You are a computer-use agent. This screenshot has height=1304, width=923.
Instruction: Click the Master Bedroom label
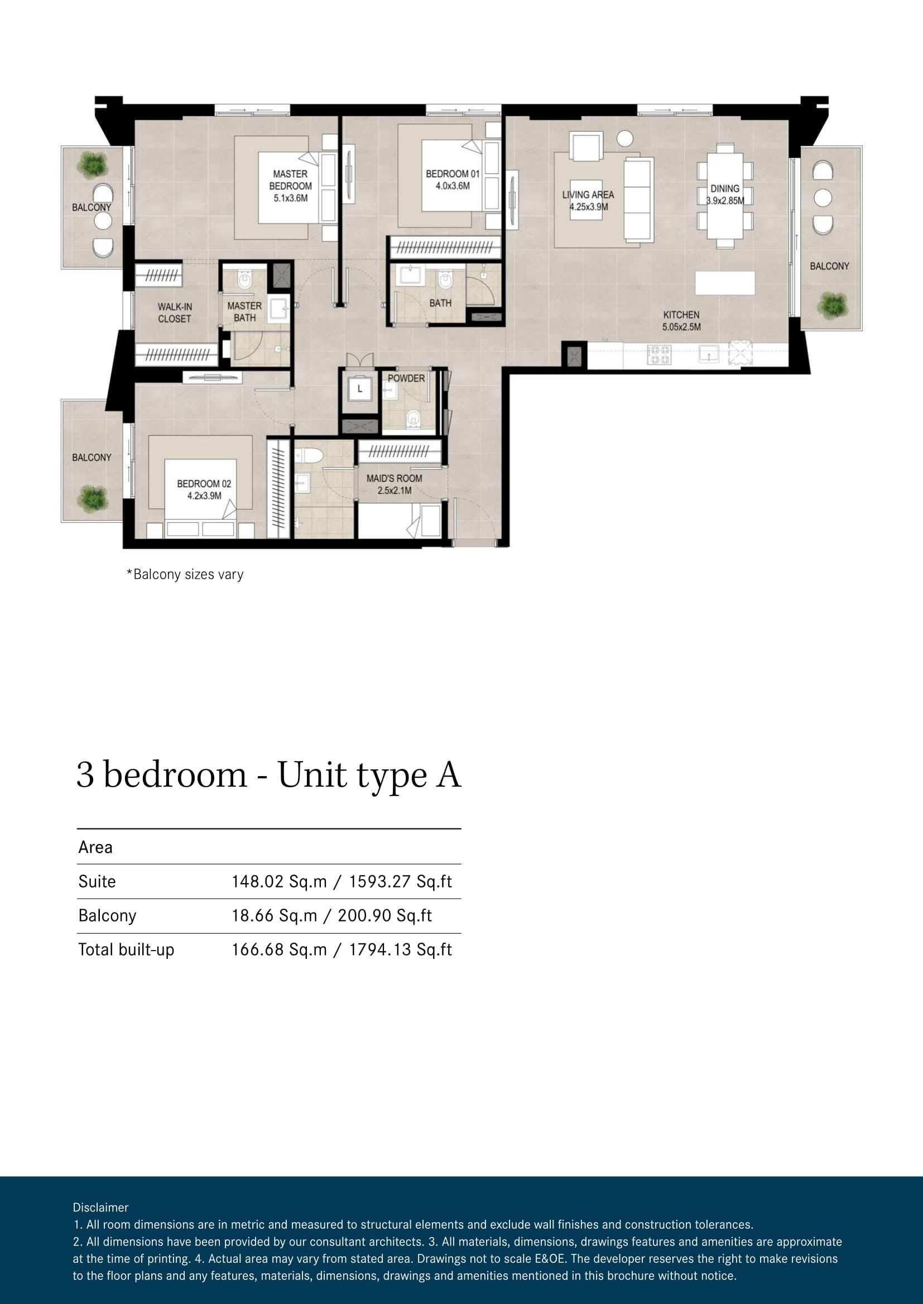290,186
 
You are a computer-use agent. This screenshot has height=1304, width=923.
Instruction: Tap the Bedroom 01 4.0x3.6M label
453,180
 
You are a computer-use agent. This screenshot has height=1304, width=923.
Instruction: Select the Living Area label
588,201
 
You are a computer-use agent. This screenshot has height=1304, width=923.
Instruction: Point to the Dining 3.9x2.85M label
725,194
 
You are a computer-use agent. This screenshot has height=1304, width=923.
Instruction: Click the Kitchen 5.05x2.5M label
681,321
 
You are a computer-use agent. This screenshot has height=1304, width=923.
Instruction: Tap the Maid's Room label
394,484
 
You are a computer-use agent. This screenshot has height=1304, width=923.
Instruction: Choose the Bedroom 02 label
204,489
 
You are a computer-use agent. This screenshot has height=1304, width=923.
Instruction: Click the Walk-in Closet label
175,313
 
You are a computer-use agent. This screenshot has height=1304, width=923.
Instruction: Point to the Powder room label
406,378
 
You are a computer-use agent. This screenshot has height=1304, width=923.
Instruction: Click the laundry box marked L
359,390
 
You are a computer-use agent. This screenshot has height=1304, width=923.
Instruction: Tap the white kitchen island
725,282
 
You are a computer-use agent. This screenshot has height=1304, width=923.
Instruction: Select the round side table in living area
624,138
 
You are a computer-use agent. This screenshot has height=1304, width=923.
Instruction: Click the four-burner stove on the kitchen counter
658,355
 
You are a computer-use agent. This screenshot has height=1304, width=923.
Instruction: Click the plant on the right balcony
832,305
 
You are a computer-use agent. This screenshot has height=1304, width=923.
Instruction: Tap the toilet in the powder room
412,418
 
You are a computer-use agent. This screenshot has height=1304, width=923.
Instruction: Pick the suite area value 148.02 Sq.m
279,881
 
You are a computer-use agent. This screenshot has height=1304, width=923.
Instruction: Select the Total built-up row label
126,949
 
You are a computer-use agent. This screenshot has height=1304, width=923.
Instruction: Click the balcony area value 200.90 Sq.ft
385,915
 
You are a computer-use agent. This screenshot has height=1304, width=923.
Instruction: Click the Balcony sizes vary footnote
185,574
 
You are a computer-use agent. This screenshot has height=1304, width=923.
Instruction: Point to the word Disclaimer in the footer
100,1208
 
